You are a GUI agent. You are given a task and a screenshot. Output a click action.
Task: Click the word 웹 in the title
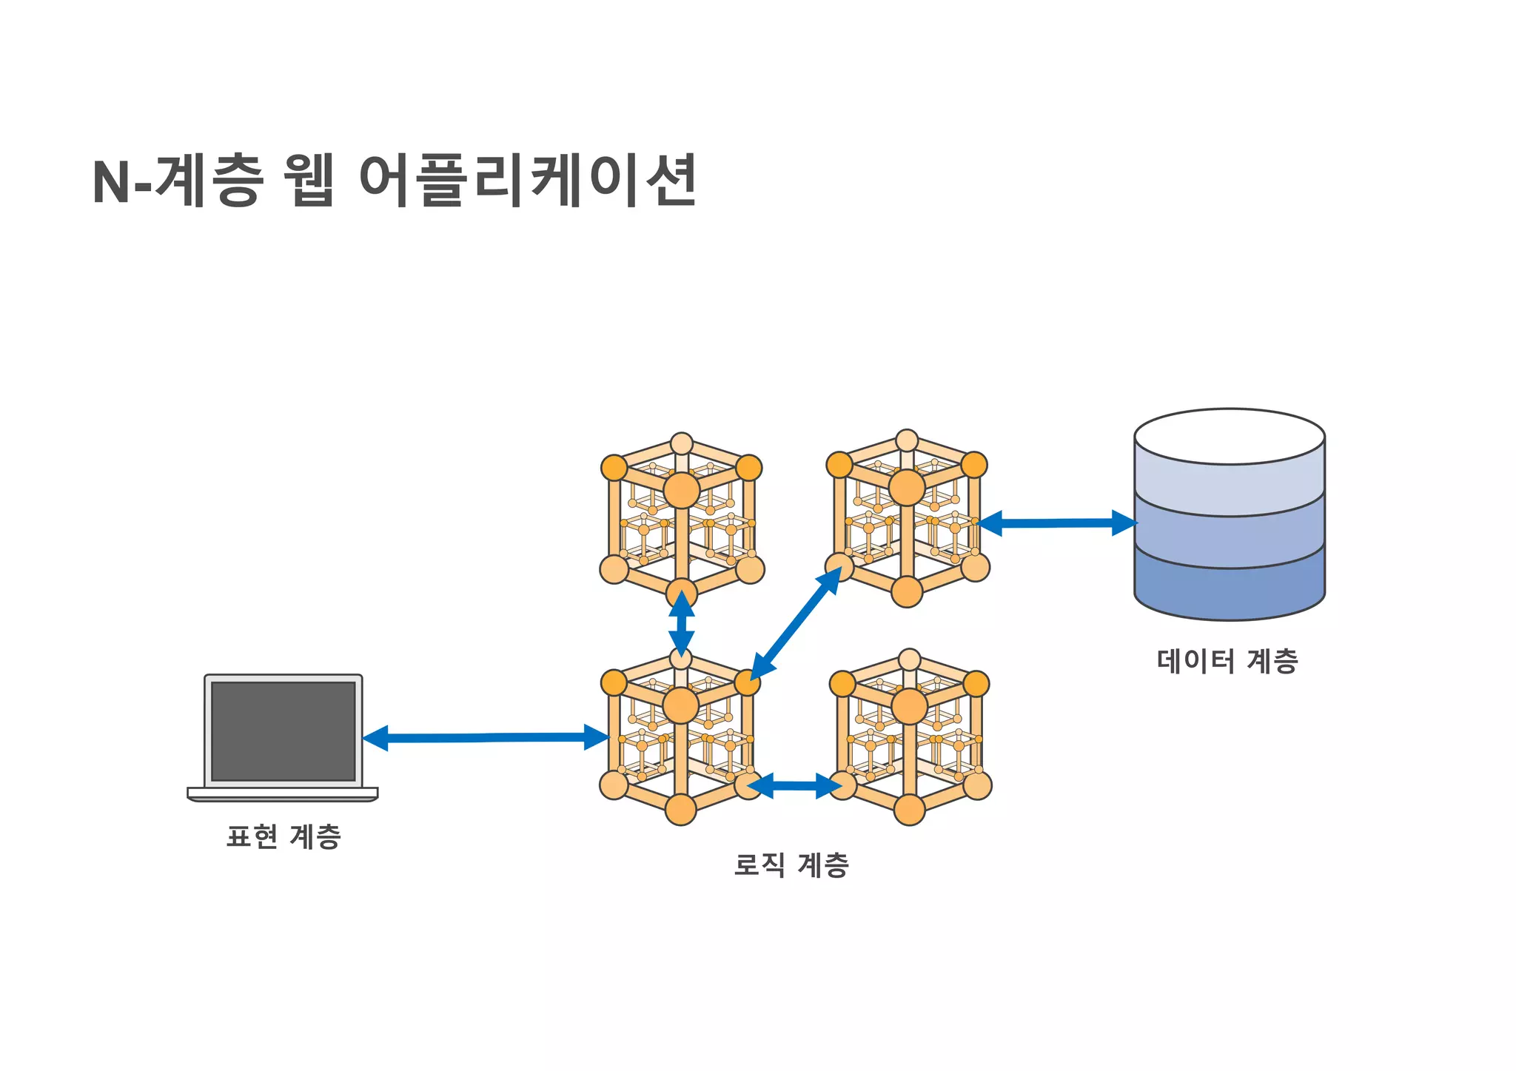pos(309,181)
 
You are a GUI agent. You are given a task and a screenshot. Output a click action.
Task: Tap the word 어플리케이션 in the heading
pos(527,181)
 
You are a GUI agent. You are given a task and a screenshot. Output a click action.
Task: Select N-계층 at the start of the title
pos(178,181)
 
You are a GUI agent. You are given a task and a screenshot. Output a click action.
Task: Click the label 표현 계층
pos(284,837)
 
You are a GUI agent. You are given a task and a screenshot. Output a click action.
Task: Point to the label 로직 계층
pos(791,864)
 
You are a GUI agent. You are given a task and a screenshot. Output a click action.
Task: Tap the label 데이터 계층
pos(1227,661)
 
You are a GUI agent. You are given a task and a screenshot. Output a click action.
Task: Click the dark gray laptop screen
pos(284,731)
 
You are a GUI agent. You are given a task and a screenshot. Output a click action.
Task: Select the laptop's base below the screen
pos(283,793)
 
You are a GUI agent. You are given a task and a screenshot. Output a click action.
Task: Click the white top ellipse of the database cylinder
pos(1230,437)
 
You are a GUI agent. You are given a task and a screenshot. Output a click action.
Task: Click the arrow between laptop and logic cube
pos(485,737)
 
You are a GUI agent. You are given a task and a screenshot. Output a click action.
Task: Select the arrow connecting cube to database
pos(1057,523)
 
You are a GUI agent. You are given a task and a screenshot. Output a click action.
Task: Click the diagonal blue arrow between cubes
pos(796,623)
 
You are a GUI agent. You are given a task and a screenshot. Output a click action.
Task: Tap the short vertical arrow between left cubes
pos(681,621)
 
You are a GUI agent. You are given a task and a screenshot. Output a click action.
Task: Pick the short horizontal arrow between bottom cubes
pos(794,785)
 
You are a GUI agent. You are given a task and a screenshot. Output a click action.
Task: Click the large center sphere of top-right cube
pos(907,488)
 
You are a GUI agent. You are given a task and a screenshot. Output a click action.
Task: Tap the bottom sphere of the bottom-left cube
pos(681,810)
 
